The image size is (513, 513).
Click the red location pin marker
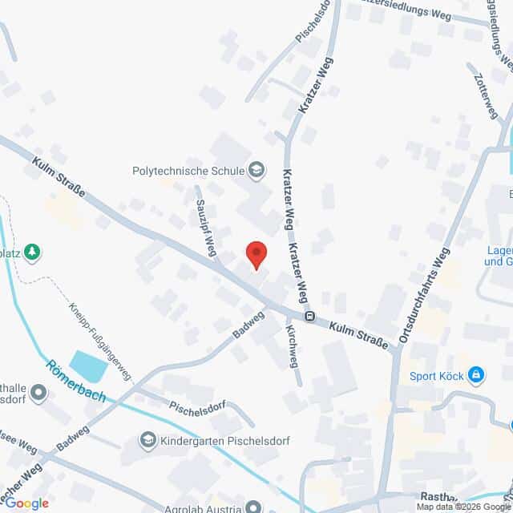256,255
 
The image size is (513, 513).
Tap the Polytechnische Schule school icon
256,169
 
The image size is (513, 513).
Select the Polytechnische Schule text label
189,170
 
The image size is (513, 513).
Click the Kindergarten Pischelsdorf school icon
148,440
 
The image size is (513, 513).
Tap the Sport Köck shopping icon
476,374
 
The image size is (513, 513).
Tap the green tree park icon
32,252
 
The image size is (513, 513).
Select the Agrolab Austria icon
253,506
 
